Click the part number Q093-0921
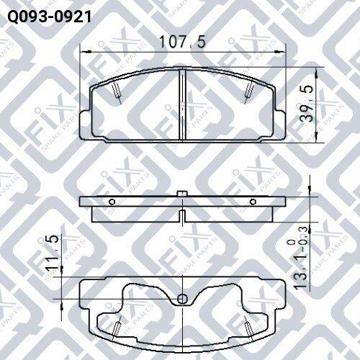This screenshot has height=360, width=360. tap(50, 17)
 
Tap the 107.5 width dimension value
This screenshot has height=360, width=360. tap(182, 42)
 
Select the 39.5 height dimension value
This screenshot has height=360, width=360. tap(307, 103)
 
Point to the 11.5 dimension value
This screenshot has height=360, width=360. tap(52, 251)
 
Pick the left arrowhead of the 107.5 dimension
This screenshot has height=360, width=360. tap(86, 52)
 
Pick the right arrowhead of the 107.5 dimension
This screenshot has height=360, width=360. tap(280, 52)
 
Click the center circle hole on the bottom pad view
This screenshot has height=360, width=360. tap(182, 299)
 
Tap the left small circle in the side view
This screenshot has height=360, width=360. tap(112, 202)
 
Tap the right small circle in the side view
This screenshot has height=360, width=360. tap(253, 202)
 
